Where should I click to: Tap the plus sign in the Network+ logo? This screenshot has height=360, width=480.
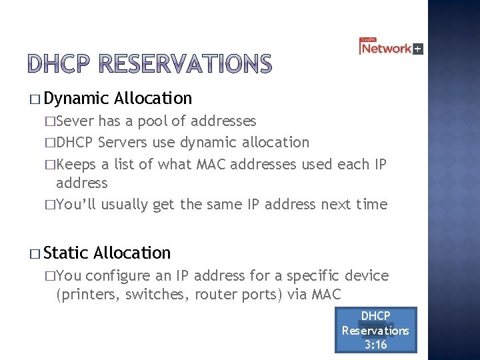click(x=418, y=49)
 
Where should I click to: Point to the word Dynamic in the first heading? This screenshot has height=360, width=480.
click(x=77, y=99)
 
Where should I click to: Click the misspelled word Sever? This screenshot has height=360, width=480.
click(x=76, y=121)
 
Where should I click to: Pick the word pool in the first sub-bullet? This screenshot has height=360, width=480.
click(x=153, y=121)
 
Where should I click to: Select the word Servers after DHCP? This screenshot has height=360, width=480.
click(x=121, y=142)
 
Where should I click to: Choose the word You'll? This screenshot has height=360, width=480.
click(x=76, y=204)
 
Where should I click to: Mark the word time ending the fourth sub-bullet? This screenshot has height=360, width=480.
click(x=371, y=204)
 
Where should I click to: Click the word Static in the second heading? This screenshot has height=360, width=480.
click(x=67, y=253)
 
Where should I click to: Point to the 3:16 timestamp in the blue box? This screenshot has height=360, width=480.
click(x=375, y=345)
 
